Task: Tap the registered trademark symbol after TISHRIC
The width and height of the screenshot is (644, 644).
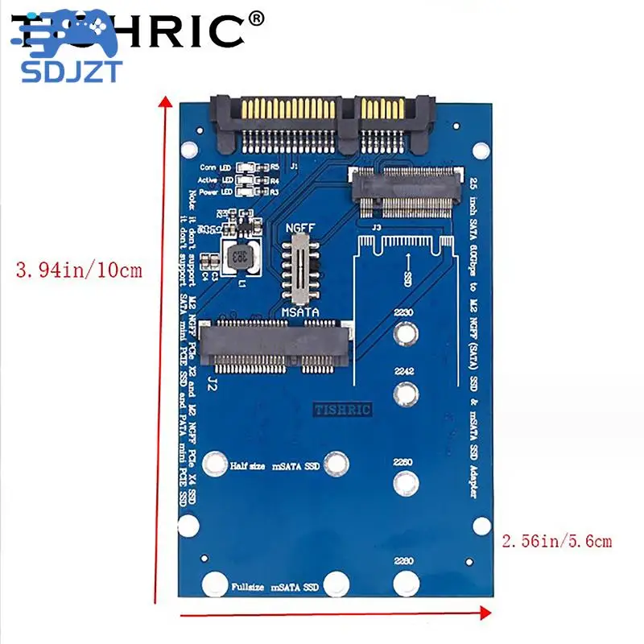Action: pyautogui.click(x=256, y=17)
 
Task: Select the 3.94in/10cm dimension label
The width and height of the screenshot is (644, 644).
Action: pyautogui.click(x=79, y=270)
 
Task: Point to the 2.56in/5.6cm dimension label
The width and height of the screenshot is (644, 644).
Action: pyautogui.click(x=557, y=541)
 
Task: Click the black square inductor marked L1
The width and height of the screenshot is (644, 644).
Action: pyautogui.click(x=238, y=258)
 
